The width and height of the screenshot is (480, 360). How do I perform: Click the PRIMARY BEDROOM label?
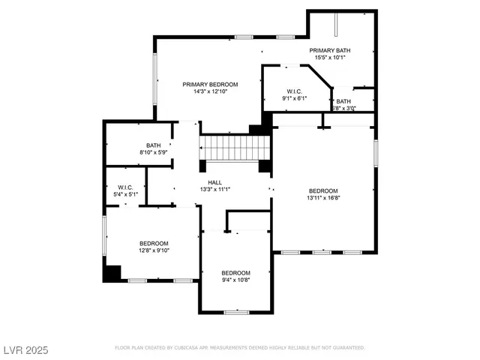pos(210,84)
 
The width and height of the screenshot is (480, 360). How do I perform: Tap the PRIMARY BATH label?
pos(331,50)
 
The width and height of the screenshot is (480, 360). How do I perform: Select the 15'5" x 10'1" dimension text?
pos(331,58)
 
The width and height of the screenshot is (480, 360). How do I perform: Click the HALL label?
pos(214,182)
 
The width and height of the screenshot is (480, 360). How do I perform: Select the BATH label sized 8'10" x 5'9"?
pos(153,145)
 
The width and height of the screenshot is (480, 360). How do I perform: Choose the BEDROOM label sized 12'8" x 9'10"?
pos(154,243)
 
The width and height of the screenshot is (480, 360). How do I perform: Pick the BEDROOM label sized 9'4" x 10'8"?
pos(235,272)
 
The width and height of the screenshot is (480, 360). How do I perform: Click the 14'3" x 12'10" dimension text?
pos(210,91)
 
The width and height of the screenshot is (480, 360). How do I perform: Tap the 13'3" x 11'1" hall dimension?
pos(214,190)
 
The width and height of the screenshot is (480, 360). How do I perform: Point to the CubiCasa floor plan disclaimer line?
pos(239,348)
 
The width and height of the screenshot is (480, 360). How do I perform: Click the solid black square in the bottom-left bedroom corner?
pos(112,273)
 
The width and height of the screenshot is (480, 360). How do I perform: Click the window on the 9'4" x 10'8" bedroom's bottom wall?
pos(236,312)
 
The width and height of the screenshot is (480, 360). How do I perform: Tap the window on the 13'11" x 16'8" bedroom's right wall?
pos(375,151)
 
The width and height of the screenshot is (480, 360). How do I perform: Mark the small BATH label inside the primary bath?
pos(343,101)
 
